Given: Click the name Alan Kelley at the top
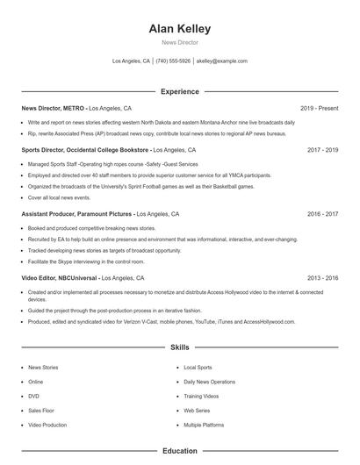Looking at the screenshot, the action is pyautogui.click(x=180, y=29).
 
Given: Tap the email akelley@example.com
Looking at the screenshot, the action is pyautogui.click(x=221, y=61).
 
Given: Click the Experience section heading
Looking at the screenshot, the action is pyautogui.click(x=180, y=91).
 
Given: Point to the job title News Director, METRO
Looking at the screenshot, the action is pyautogui.click(x=54, y=108).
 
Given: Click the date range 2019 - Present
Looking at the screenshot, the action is pyautogui.click(x=319, y=108).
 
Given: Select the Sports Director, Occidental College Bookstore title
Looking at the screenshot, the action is pyautogui.click(x=86, y=150).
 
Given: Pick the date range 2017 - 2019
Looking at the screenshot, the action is pyautogui.click(x=322, y=150).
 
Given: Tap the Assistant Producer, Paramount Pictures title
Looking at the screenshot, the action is pyautogui.click(x=77, y=213).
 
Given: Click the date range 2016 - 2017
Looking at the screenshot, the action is pyautogui.click(x=322, y=213).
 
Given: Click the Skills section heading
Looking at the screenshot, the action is pyautogui.click(x=180, y=347).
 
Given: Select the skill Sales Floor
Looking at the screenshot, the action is pyautogui.click(x=40, y=410).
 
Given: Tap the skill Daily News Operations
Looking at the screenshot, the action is pyautogui.click(x=209, y=382).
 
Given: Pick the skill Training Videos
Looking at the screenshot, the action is pyautogui.click(x=201, y=396).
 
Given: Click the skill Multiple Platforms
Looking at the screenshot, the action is pyautogui.click(x=204, y=424).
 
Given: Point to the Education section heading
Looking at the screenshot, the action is pyautogui.click(x=180, y=451).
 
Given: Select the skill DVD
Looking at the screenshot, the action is pyautogui.click(x=33, y=396).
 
